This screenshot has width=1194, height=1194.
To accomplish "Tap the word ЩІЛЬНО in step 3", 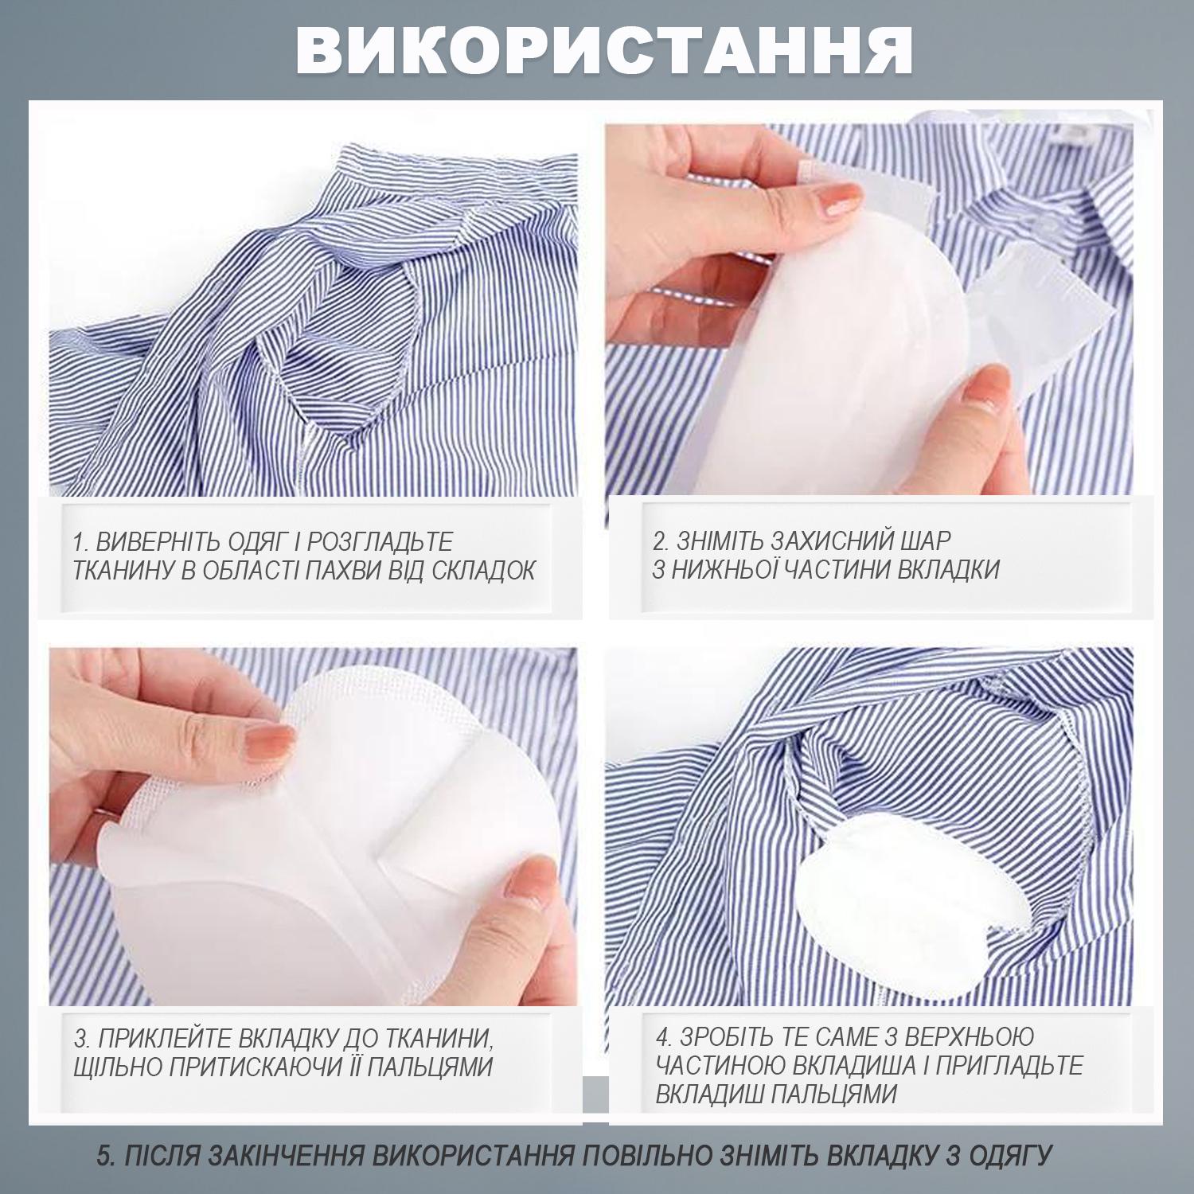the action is [x=110, y=1067].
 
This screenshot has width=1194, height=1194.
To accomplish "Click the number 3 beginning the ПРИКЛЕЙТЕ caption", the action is [x=81, y=1038].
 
